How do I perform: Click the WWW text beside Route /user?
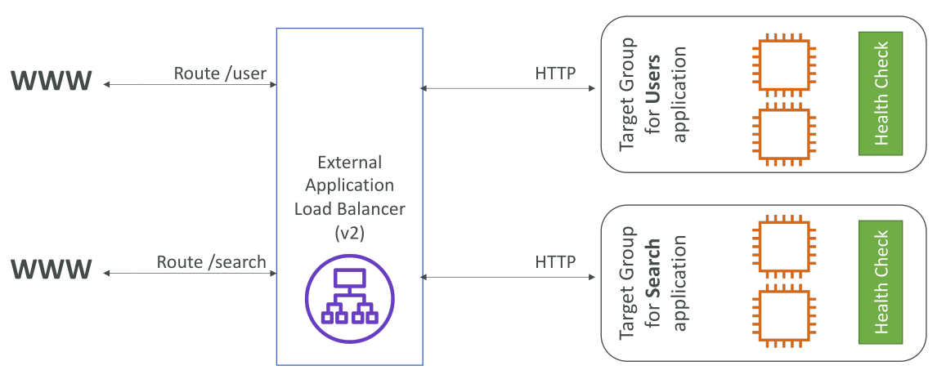click(x=52, y=81)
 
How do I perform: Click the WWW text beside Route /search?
click(x=52, y=270)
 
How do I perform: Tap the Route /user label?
click(x=220, y=73)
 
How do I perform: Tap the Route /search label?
click(x=211, y=261)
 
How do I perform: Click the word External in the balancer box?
click(x=349, y=163)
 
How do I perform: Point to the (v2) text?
click(x=349, y=234)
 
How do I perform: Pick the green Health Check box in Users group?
click(x=881, y=93)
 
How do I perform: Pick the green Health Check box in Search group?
click(x=881, y=282)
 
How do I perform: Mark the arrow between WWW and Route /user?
click(x=190, y=85)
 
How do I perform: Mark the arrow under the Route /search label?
click(x=190, y=274)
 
